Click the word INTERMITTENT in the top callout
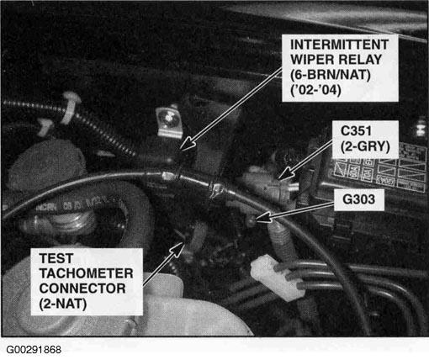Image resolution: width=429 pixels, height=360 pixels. [x=339, y=45]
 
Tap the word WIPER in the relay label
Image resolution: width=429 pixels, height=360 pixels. [x=311, y=60]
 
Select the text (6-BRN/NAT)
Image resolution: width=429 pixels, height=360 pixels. [x=330, y=75]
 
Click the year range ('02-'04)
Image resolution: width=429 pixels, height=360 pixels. [x=315, y=90]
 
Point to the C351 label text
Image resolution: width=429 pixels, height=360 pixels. [x=356, y=131]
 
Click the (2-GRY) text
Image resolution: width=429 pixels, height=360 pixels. [x=365, y=146]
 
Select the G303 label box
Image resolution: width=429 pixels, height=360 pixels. [x=359, y=199]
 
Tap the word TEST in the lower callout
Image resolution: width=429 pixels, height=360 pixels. [x=56, y=258]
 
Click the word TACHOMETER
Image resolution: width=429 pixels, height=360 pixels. [x=86, y=273]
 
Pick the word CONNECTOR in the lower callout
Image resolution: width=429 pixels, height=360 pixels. [x=82, y=289]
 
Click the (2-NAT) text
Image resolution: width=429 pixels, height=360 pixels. [x=63, y=304]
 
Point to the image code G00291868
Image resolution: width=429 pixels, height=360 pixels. [x=34, y=350]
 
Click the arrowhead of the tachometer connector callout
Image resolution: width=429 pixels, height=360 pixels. [x=177, y=249]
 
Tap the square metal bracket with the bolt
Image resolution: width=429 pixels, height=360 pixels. [x=169, y=122]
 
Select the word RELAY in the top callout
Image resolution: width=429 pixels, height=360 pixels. [x=360, y=60]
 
